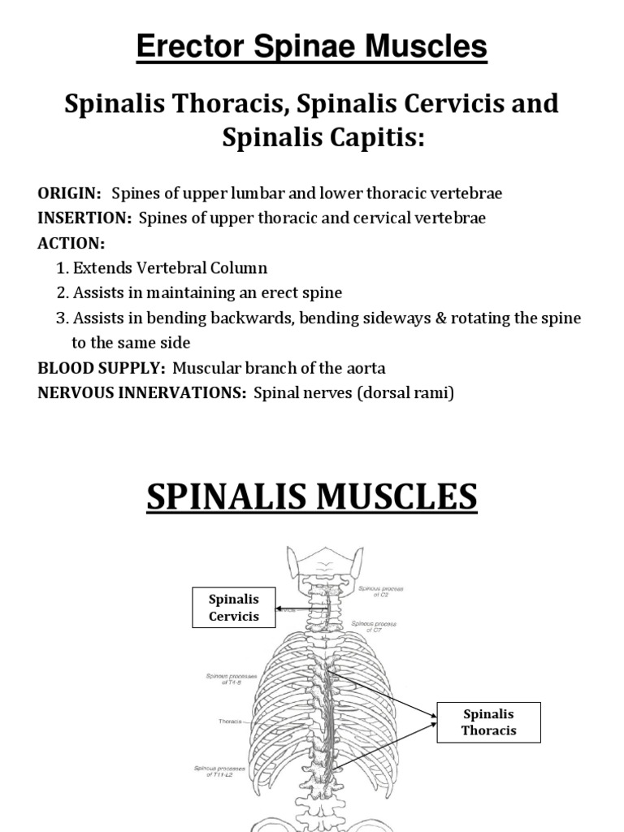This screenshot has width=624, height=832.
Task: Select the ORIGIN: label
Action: [70, 193]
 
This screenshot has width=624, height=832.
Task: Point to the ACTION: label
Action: [71, 244]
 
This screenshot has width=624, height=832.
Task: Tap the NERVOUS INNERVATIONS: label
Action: [142, 393]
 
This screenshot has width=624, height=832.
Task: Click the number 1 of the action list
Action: [62, 268]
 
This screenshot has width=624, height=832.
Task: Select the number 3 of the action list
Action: [62, 318]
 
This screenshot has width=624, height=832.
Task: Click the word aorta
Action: [366, 368]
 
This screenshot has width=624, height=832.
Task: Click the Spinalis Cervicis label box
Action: [234, 608]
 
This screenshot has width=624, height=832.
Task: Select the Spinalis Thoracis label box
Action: [488, 722]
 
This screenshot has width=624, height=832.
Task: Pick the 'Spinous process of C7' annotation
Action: [374, 626]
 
